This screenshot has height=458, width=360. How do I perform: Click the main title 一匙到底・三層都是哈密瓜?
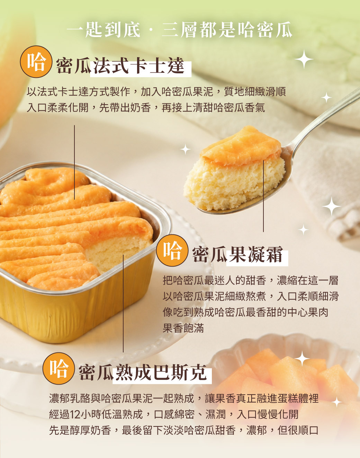click(x=179, y=30)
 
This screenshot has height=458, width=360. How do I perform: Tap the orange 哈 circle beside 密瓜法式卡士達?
click(x=36, y=62)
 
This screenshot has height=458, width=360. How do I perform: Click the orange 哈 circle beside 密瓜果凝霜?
click(x=172, y=250)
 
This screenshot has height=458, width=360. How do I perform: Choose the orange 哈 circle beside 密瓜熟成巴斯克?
click(x=58, y=368)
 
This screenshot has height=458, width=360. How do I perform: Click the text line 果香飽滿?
click(x=183, y=328)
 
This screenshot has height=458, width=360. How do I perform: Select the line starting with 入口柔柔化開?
click(x=146, y=107)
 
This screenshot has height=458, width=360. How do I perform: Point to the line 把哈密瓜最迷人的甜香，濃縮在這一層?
click(x=251, y=280)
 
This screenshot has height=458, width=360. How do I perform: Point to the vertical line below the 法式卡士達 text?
click(x=74, y=162)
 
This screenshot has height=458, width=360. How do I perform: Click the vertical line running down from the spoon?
click(x=263, y=196)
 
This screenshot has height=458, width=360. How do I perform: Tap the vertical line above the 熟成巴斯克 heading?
click(x=123, y=304)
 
